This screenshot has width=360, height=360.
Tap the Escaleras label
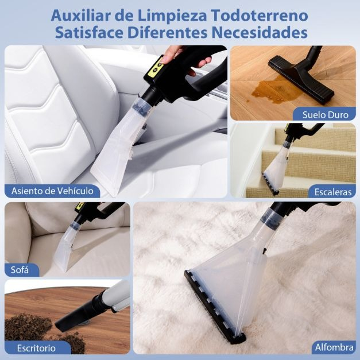pyautogui.click(x=332, y=191)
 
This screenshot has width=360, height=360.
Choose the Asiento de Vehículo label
pyautogui.click(x=52, y=191)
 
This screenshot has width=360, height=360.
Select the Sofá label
pyautogui.click(x=22, y=269)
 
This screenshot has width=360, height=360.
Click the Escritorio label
pyautogui.click(x=37, y=347)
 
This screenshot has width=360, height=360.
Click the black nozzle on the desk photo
pyautogui.click(x=80, y=315)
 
